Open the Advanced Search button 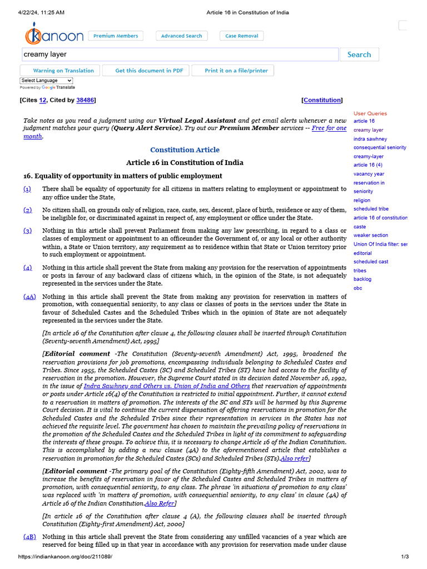(x=181, y=36)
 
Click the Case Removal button (x=241, y=36)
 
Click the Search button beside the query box (x=359, y=54)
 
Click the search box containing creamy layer (x=180, y=54)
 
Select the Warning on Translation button (x=60, y=71)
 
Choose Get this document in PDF (x=148, y=71)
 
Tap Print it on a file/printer (x=236, y=71)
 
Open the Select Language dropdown (x=46, y=81)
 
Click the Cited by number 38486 (x=85, y=100)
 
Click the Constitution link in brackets (x=322, y=100)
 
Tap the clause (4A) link (x=29, y=297)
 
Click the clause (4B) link (x=29, y=537)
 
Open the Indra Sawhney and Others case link (x=167, y=386)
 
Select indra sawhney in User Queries (x=370, y=139)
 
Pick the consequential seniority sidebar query (x=380, y=148)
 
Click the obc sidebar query (x=358, y=288)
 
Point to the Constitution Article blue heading (x=185, y=150)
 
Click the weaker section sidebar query (x=371, y=235)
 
